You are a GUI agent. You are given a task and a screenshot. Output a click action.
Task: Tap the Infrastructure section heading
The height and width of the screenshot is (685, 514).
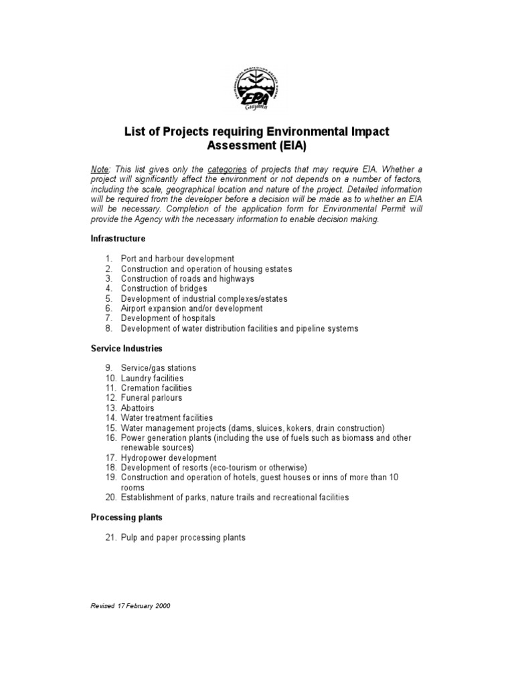click(118, 239)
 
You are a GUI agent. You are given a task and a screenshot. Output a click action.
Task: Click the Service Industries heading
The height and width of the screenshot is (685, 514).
click(126, 349)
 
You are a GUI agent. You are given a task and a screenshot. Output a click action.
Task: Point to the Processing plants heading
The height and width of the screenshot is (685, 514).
click(126, 518)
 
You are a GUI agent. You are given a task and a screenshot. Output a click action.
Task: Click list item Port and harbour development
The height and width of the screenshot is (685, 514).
click(177, 259)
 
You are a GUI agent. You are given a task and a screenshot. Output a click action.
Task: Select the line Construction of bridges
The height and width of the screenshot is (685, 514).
click(164, 289)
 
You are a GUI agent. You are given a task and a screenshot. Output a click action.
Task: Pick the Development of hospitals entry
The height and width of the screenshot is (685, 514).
click(168, 319)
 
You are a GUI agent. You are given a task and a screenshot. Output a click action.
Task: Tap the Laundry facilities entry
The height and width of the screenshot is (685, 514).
click(152, 378)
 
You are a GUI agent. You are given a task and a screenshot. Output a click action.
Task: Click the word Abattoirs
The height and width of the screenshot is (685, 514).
click(137, 408)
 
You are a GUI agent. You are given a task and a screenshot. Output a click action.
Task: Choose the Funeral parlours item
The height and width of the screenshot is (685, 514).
click(151, 398)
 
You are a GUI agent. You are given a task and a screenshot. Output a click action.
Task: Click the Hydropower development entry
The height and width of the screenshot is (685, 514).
click(169, 458)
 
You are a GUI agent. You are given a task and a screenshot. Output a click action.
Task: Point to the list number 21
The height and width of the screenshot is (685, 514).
click(110, 538)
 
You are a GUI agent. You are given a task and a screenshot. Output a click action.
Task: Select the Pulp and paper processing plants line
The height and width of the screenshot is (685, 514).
click(183, 538)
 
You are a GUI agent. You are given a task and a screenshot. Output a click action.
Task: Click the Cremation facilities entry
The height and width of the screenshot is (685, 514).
click(156, 388)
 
